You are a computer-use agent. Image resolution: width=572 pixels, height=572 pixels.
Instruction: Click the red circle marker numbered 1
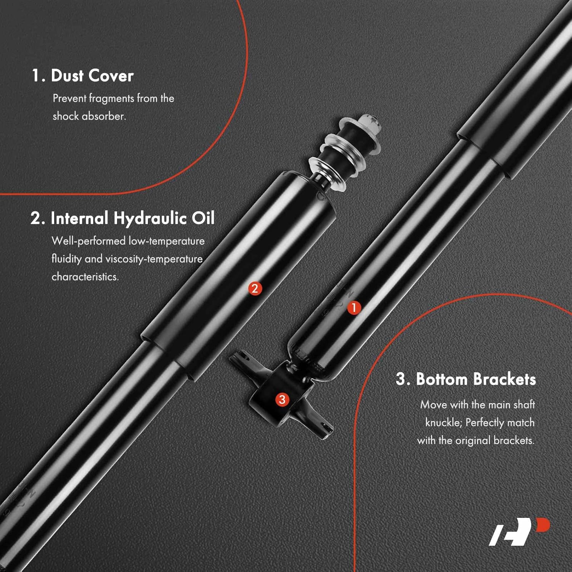(354, 307)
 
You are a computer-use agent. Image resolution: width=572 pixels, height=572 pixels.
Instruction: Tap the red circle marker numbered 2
(255, 288)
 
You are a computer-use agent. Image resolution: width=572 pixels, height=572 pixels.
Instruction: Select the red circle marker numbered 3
(282, 399)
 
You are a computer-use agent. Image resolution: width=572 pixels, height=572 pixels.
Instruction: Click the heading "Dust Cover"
(92, 76)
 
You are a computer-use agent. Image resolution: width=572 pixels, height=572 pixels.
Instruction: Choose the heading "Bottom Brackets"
(476, 379)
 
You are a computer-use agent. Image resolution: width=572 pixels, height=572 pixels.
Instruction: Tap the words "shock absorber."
(89, 116)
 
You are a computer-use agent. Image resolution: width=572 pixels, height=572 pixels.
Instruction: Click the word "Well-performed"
(88, 241)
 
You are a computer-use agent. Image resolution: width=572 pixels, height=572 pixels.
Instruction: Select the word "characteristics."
(85, 276)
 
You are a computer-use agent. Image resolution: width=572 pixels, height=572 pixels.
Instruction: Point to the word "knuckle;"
(443, 423)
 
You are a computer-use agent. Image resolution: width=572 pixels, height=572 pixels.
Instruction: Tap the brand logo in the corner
(519, 532)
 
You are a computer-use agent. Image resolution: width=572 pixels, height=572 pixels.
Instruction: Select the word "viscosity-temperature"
(154, 259)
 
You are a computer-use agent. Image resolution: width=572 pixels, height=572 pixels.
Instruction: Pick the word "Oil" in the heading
(203, 218)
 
